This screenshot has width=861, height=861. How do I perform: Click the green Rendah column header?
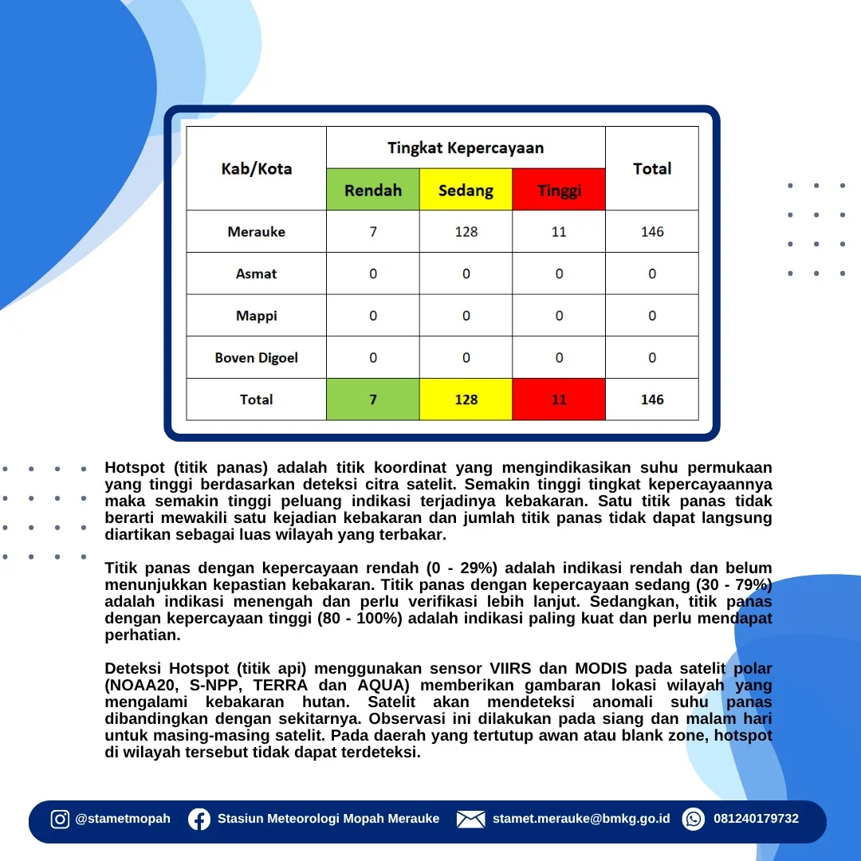[373, 190]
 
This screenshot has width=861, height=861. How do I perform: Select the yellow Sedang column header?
[466, 190]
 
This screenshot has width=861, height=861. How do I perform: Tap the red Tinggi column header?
[559, 190]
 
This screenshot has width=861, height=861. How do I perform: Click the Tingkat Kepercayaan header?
[466, 147]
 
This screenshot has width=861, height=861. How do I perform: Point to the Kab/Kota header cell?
[257, 168]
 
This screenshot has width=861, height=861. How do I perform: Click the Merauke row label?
[257, 232]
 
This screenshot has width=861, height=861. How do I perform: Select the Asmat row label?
[257, 273]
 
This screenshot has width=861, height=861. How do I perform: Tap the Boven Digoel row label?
[257, 357]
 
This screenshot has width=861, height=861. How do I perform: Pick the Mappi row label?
[257, 316]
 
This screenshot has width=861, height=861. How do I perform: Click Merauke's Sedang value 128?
[466, 232]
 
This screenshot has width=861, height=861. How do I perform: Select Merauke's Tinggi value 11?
[559, 232]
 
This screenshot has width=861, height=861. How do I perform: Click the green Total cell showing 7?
[373, 399]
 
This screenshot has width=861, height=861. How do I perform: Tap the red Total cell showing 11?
[559, 399]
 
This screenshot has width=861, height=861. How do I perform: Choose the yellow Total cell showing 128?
[466, 399]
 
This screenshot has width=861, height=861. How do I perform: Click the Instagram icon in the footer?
[60, 820]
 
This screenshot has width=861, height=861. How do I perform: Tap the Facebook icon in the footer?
[199, 820]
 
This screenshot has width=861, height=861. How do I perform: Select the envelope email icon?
[470, 820]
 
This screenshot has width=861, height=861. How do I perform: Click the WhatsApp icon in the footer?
[694, 820]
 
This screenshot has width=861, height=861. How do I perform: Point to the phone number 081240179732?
[756, 819]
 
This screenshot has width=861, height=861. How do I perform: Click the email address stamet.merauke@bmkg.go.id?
[581, 819]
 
